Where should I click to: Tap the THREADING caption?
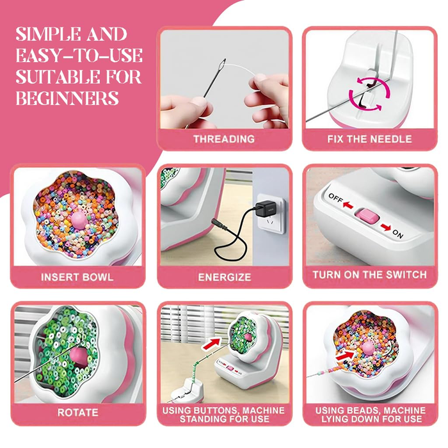point(224,139)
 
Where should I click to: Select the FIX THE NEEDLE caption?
point(369,139)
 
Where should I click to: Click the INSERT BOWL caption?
point(77,277)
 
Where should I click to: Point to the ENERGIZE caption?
point(224,277)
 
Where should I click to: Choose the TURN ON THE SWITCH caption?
point(369,275)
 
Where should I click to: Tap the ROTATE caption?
point(77,412)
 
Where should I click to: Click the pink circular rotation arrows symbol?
point(367,95)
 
